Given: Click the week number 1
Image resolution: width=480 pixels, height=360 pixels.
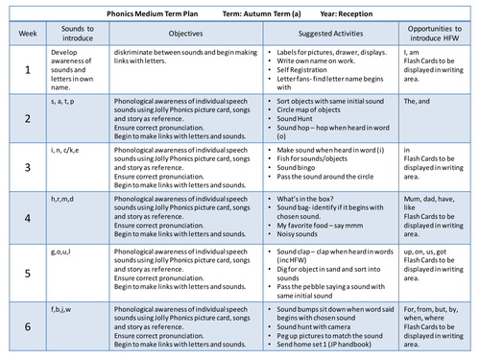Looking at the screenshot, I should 27,73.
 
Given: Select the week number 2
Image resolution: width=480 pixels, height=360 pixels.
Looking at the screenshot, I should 27,119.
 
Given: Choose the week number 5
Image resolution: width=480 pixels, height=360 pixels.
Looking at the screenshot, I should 27,273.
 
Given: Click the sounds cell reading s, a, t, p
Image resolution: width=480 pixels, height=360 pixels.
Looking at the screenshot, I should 69,101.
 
